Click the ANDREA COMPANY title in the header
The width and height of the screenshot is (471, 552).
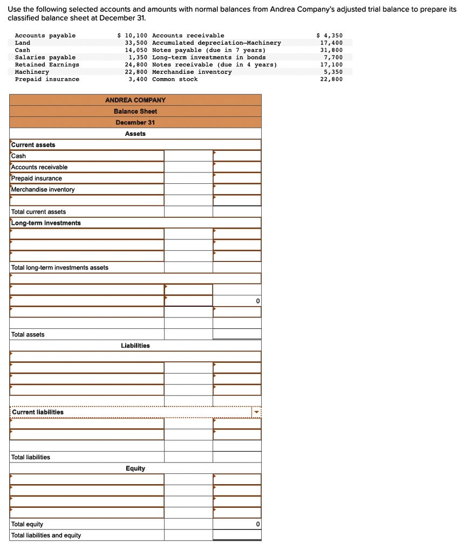point(135,100)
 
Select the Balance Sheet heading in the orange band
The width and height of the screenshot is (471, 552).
point(135,111)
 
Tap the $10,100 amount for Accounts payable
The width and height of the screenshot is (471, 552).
point(133,36)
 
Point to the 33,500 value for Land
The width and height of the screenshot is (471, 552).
point(136,43)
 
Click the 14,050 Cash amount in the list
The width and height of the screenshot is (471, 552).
point(136,50)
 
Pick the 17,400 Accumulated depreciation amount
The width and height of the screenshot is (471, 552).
point(331,43)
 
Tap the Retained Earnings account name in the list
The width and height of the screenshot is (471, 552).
point(47,65)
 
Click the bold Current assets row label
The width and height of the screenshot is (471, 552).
point(33,145)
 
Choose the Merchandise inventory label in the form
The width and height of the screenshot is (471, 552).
point(43,190)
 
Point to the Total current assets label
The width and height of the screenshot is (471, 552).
point(39,212)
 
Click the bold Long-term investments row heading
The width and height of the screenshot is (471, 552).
point(46,223)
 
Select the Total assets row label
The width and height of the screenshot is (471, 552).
point(28,335)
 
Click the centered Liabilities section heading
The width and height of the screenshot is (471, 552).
point(135,346)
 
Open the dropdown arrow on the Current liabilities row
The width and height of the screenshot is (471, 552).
point(257,412)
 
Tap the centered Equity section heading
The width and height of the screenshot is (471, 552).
point(135,468)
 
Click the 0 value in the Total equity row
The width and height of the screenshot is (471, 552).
point(257,525)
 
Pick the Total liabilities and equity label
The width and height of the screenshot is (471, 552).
point(46,535)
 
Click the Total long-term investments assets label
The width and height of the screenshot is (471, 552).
point(60,268)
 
